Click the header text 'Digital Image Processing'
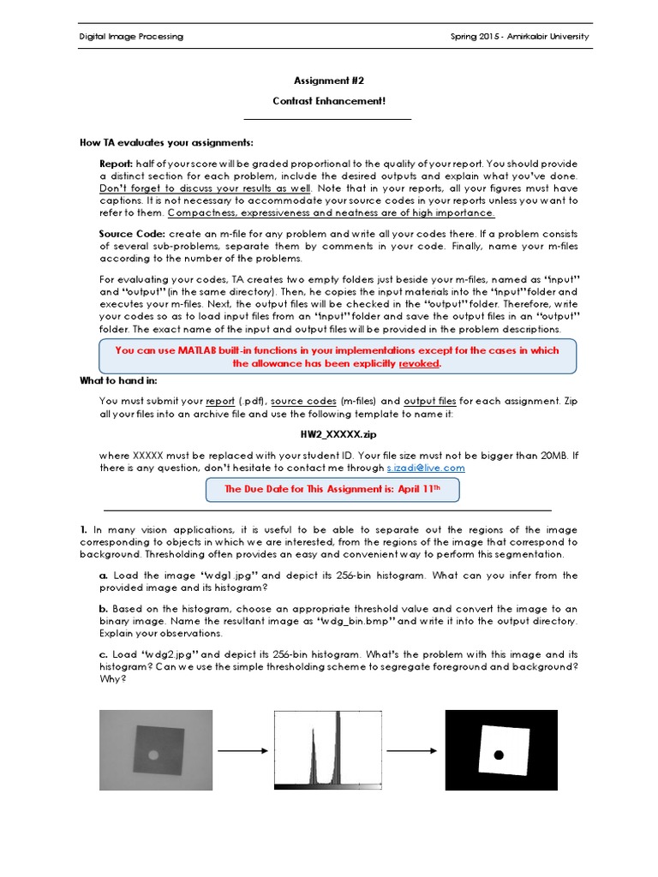131,37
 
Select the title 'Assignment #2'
330,81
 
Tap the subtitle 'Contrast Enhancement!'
329,101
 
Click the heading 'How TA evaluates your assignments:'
166,142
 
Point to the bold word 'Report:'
116,164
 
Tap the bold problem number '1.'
84,530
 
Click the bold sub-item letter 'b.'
104,608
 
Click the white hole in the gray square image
153,755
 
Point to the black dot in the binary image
499,755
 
